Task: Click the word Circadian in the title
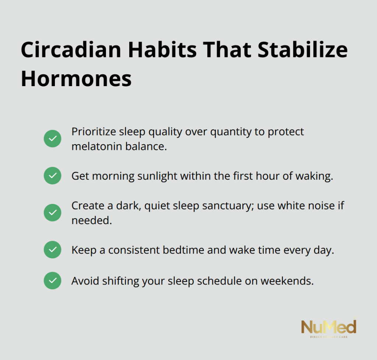click(x=71, y=50)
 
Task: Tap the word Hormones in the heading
click(x=76, y=78)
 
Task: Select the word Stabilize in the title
click(x=303, y=50)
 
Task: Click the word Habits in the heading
click(x=162, y=50)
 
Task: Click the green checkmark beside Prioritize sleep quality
click(x=52, y=139)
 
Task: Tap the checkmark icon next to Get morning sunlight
click(x=52, y=176)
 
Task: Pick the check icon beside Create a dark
click(x=52, y=213)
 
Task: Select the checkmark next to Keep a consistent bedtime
click(x=52, y=250)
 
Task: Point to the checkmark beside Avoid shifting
click(x=52, y=280)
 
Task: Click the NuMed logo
click(x=329, y=328)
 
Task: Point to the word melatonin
click(x=97, y=147)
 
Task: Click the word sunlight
click(x=157, y=176)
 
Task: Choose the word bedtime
click(x=183, y=250)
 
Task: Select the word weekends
click(x=287, y=281)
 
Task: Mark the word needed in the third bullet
click(x=92, y=220)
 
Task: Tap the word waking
click(x=314, y=176)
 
